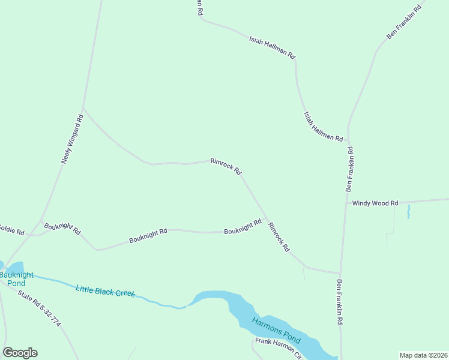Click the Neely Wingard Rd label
(72, 139)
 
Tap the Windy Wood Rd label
(375, 203)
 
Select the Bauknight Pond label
(13, 278)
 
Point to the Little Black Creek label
(105, 291)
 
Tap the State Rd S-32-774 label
(40, 308)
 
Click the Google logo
(20, 353)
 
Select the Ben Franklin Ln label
(406, 20)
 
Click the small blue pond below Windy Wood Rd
(408, 211)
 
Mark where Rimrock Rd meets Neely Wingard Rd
(83, 108)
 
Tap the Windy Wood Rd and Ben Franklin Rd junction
(346, 203)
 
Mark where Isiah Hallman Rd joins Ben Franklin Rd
(348, 143)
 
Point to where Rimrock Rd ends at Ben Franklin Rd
(340, 273)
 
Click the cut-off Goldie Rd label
(12, 231)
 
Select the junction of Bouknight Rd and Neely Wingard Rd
(41, 220)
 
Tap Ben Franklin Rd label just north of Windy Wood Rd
(349, 169)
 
